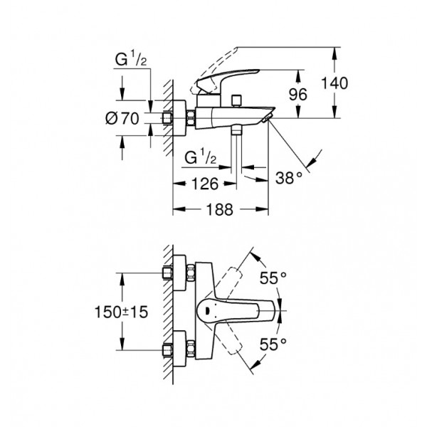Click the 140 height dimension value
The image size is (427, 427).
coord(334,83)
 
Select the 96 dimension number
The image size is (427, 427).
coord(297,95)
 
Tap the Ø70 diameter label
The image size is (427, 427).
coord(122,118)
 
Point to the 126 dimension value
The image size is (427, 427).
coord(205,184)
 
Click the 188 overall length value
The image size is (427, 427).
coord(220,209)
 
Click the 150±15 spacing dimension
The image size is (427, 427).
coord(121,312)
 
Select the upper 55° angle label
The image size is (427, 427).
coord(273,278)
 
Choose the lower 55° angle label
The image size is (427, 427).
coord(273,344)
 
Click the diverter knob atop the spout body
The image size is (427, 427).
coord(236,100)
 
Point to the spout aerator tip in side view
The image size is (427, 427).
coord(267,118)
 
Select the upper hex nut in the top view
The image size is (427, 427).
coord(191,273)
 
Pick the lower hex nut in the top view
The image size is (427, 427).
coord(191,349)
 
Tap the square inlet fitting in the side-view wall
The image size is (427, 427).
coord(167,118)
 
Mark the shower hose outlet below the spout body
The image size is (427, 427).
coord(236,130)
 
